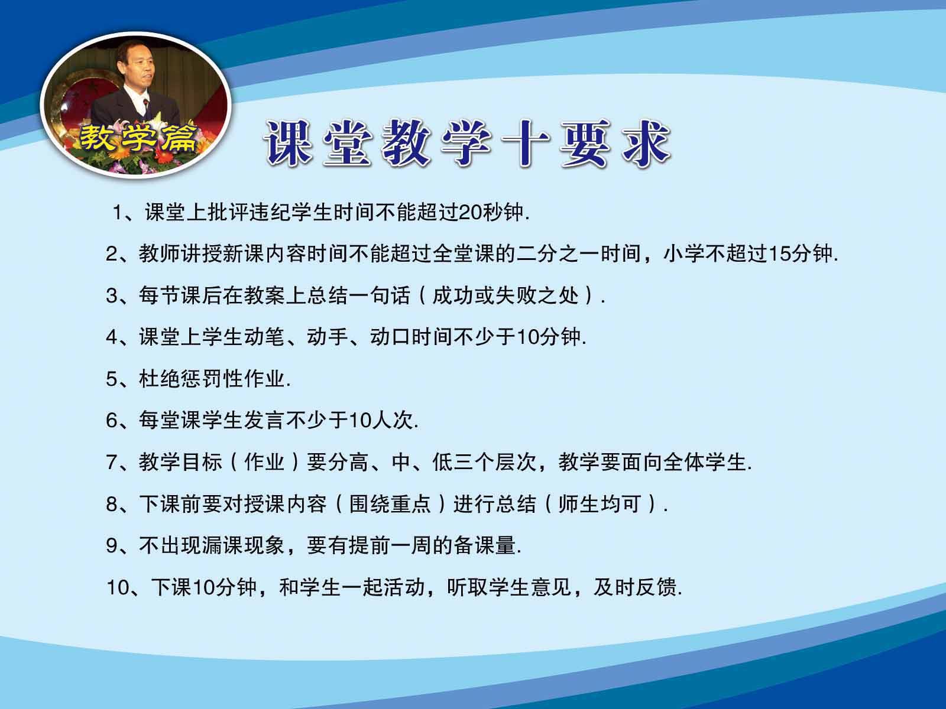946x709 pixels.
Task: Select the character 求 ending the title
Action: [x=646, y=143]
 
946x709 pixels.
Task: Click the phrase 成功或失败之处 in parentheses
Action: [x=505, y=295]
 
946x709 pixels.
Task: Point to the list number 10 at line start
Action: [x=118, y=588]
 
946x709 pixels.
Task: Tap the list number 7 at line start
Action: [x=112, y=463]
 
